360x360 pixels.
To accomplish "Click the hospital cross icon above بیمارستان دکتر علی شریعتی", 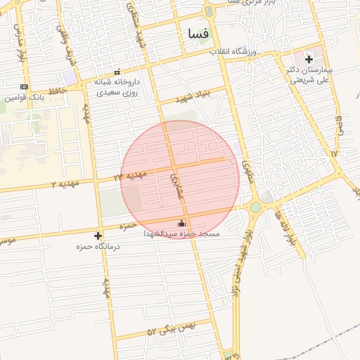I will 309,59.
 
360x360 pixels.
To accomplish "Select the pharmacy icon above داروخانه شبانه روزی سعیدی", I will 117,72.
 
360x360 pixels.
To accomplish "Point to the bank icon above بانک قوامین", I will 25,86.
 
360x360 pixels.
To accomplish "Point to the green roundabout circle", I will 255,207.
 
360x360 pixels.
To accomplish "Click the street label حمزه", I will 127,226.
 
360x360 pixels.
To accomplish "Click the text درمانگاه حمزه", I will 99,246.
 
